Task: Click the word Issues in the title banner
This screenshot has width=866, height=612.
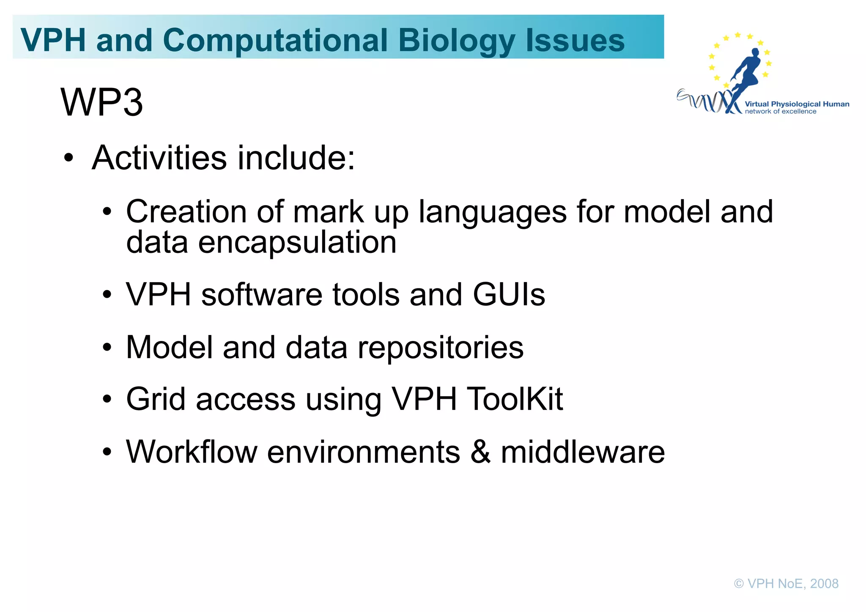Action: [575, 41]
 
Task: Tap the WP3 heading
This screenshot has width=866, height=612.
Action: [102, 102]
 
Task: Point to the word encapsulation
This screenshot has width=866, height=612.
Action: [297, 243]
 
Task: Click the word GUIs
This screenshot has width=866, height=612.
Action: [509, 295]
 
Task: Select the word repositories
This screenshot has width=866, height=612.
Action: [441, 348]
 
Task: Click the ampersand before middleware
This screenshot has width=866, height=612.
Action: [480, 452]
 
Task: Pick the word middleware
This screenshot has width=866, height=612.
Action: [583, 452]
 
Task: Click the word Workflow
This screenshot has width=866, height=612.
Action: [192, 452]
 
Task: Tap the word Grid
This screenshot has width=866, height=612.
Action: [156, 399]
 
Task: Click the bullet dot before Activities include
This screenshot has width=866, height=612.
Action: [69, 159]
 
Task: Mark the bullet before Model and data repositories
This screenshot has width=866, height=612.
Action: [107, 348]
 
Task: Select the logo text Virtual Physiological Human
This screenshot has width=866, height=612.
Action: [797, 104]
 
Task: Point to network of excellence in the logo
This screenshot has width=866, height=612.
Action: [781, 112]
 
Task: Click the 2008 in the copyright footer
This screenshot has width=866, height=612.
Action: [824, 584]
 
